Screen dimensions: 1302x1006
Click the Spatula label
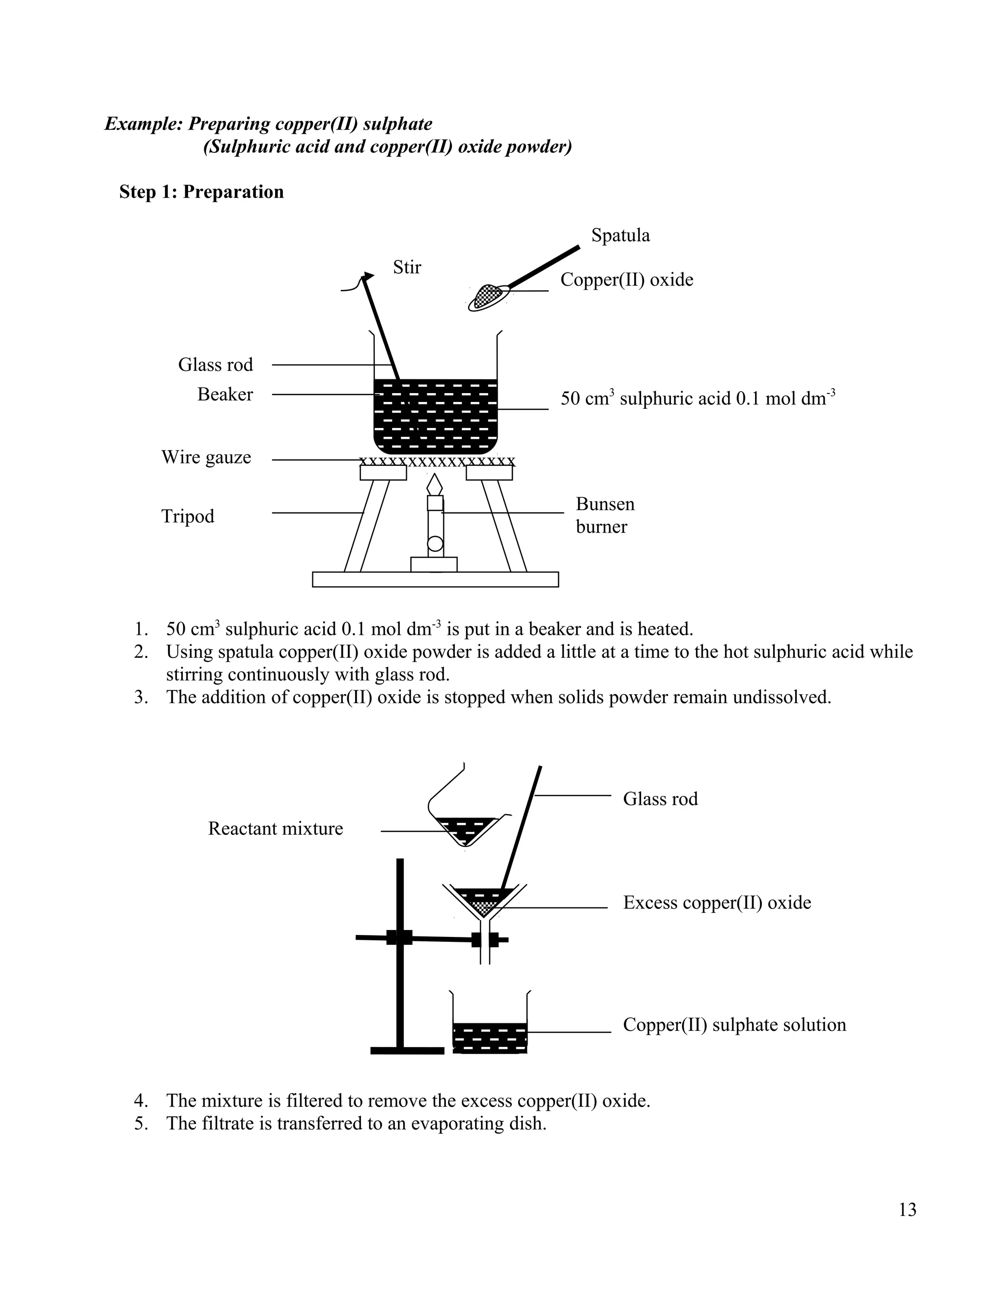(620, 235)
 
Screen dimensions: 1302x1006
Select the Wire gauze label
(206, 457)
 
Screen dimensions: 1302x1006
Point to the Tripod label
(188, 516)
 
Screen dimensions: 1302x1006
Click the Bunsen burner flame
(435, 484)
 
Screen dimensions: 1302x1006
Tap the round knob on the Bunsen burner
(435, 543)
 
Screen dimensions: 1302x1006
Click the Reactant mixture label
(276, 829)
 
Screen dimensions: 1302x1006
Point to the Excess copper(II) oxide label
(717, 903)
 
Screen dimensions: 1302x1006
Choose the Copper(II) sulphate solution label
(734, 1025)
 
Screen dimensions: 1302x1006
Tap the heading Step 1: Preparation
(201, 192)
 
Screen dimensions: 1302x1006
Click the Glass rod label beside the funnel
(660, 799)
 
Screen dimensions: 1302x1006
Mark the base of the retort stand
(407, 1050)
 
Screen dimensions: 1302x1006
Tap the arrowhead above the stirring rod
(369, 276)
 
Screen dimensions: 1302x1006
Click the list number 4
(140, 1101)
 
